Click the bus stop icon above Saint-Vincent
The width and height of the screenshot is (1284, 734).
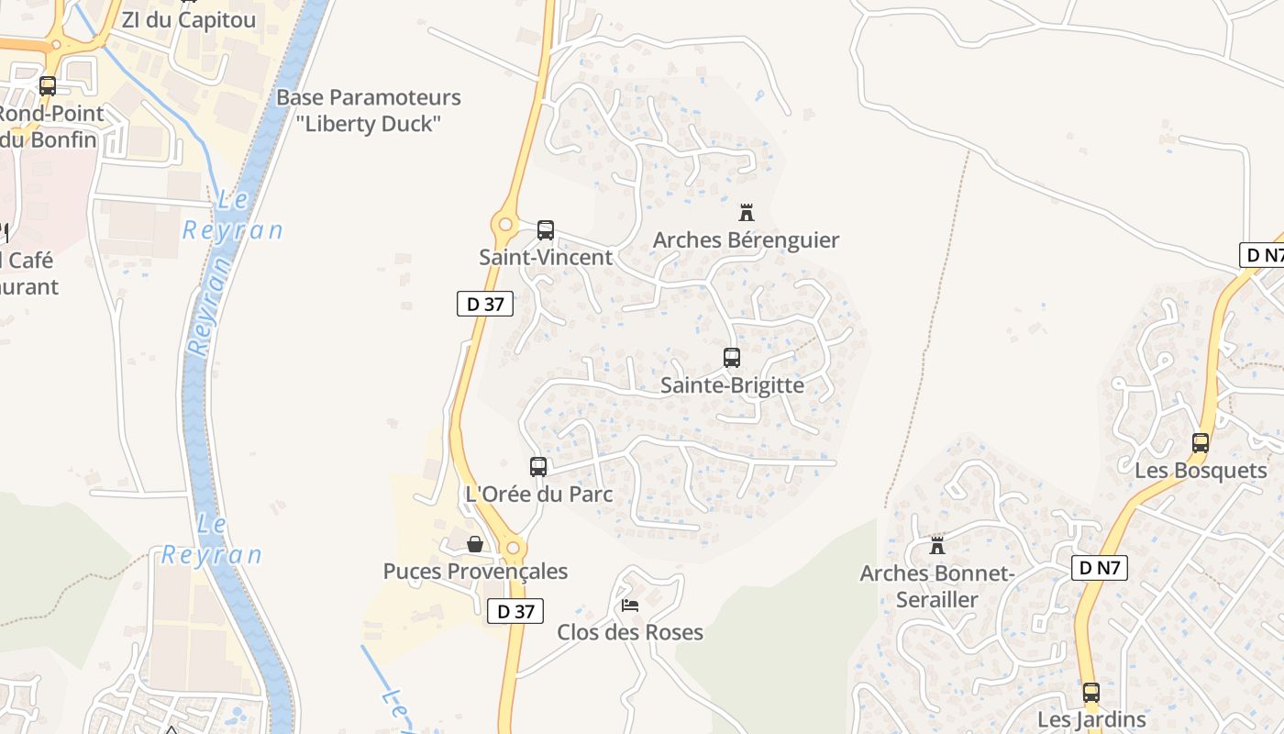[546, 229]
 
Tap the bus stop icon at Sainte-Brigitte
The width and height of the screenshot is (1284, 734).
[731, 358]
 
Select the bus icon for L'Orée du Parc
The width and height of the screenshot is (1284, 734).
[538, 466]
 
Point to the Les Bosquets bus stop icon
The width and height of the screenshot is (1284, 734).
[1200, 443]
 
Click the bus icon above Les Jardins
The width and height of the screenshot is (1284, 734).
[1090, 693]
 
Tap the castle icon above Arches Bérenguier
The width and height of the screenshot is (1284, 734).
[747, 213]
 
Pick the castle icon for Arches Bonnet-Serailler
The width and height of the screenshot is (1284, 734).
[936, 546]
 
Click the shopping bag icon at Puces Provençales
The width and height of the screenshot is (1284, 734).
[475, 544]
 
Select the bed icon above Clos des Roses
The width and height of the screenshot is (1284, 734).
[630, 605]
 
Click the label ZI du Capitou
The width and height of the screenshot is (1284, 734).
[189, 19]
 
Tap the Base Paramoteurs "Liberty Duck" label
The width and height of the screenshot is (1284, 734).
[369, 110]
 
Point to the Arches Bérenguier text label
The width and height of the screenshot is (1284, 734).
[746, 240]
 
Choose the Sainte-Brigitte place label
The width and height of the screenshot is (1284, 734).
[732, 385]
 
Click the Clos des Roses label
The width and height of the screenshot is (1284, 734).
[630, 632]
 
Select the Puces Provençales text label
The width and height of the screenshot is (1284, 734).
[475, 572]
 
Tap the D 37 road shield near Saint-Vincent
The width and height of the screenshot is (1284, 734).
[485, 304]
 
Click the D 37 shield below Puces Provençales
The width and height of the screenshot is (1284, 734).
[515, 611]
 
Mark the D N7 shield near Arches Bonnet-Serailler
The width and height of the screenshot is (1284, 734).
[1099, 568]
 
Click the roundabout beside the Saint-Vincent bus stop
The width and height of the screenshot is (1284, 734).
[504, 223]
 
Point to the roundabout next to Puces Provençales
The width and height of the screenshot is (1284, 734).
[513, 549]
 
